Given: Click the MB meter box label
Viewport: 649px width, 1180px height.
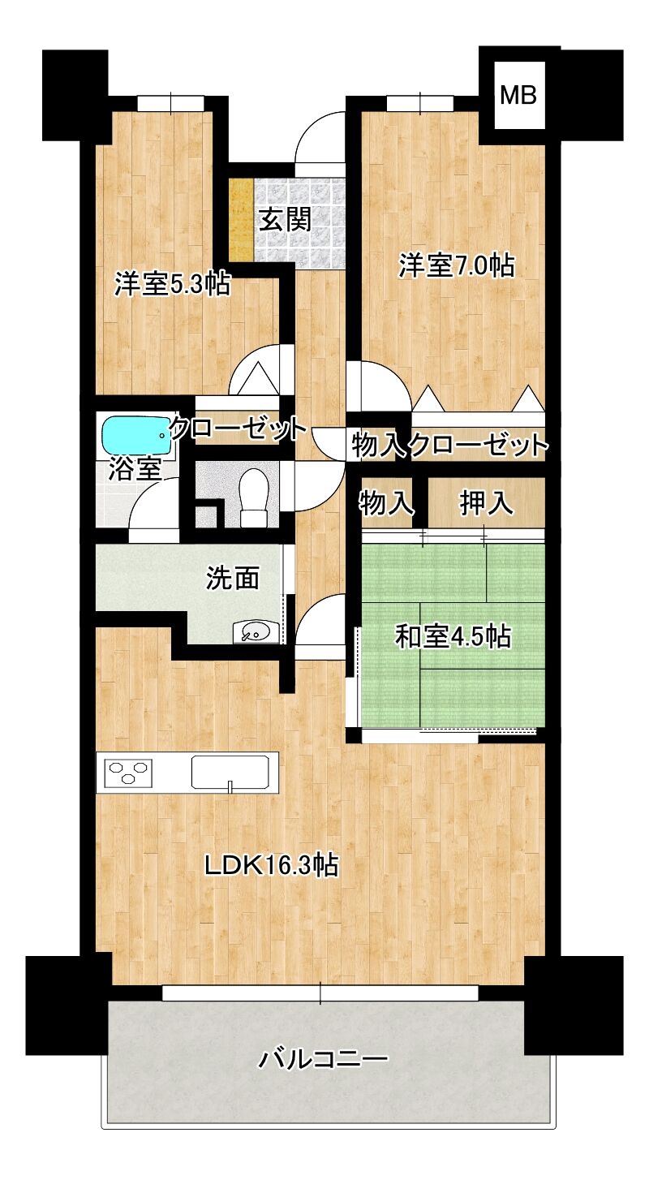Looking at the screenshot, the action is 518,96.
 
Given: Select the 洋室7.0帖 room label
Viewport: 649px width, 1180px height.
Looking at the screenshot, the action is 456,265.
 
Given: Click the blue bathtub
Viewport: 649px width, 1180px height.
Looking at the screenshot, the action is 136,436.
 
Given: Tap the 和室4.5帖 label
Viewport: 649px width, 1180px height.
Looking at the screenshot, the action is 453,637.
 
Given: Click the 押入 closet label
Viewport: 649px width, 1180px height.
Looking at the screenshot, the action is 486,503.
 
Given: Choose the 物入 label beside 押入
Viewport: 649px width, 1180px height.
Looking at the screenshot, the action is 386,503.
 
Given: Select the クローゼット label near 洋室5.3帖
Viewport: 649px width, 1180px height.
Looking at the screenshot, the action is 239,429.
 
